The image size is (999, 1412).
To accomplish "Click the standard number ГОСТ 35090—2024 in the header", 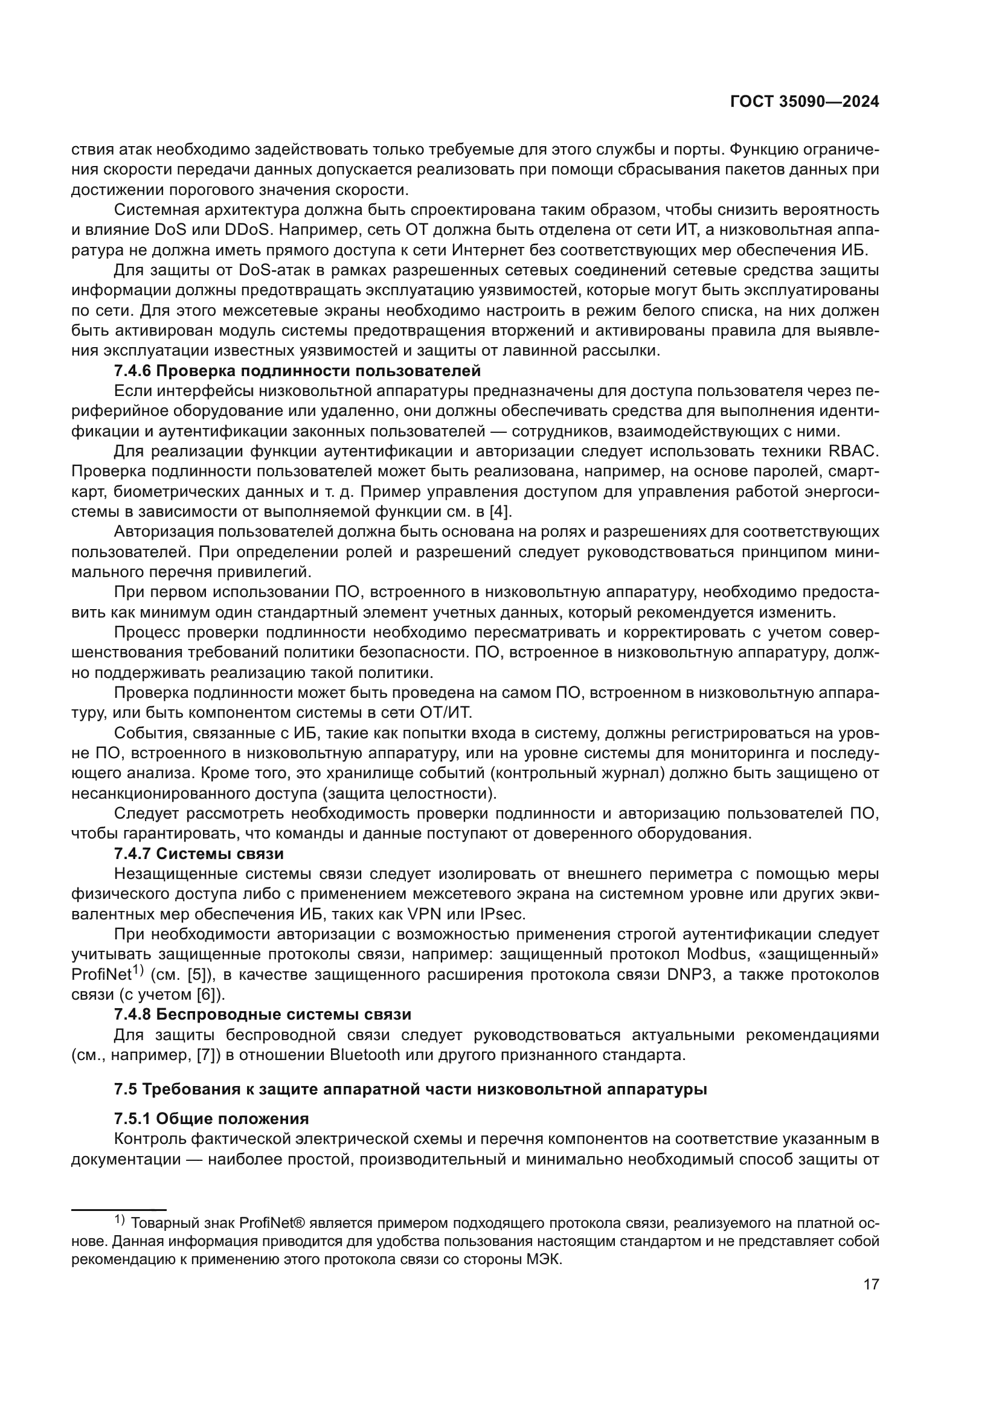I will coord(805,102).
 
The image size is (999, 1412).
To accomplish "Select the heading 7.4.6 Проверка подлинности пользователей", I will coord(297,371).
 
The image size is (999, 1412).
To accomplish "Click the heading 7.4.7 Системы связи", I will coord(199,854).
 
